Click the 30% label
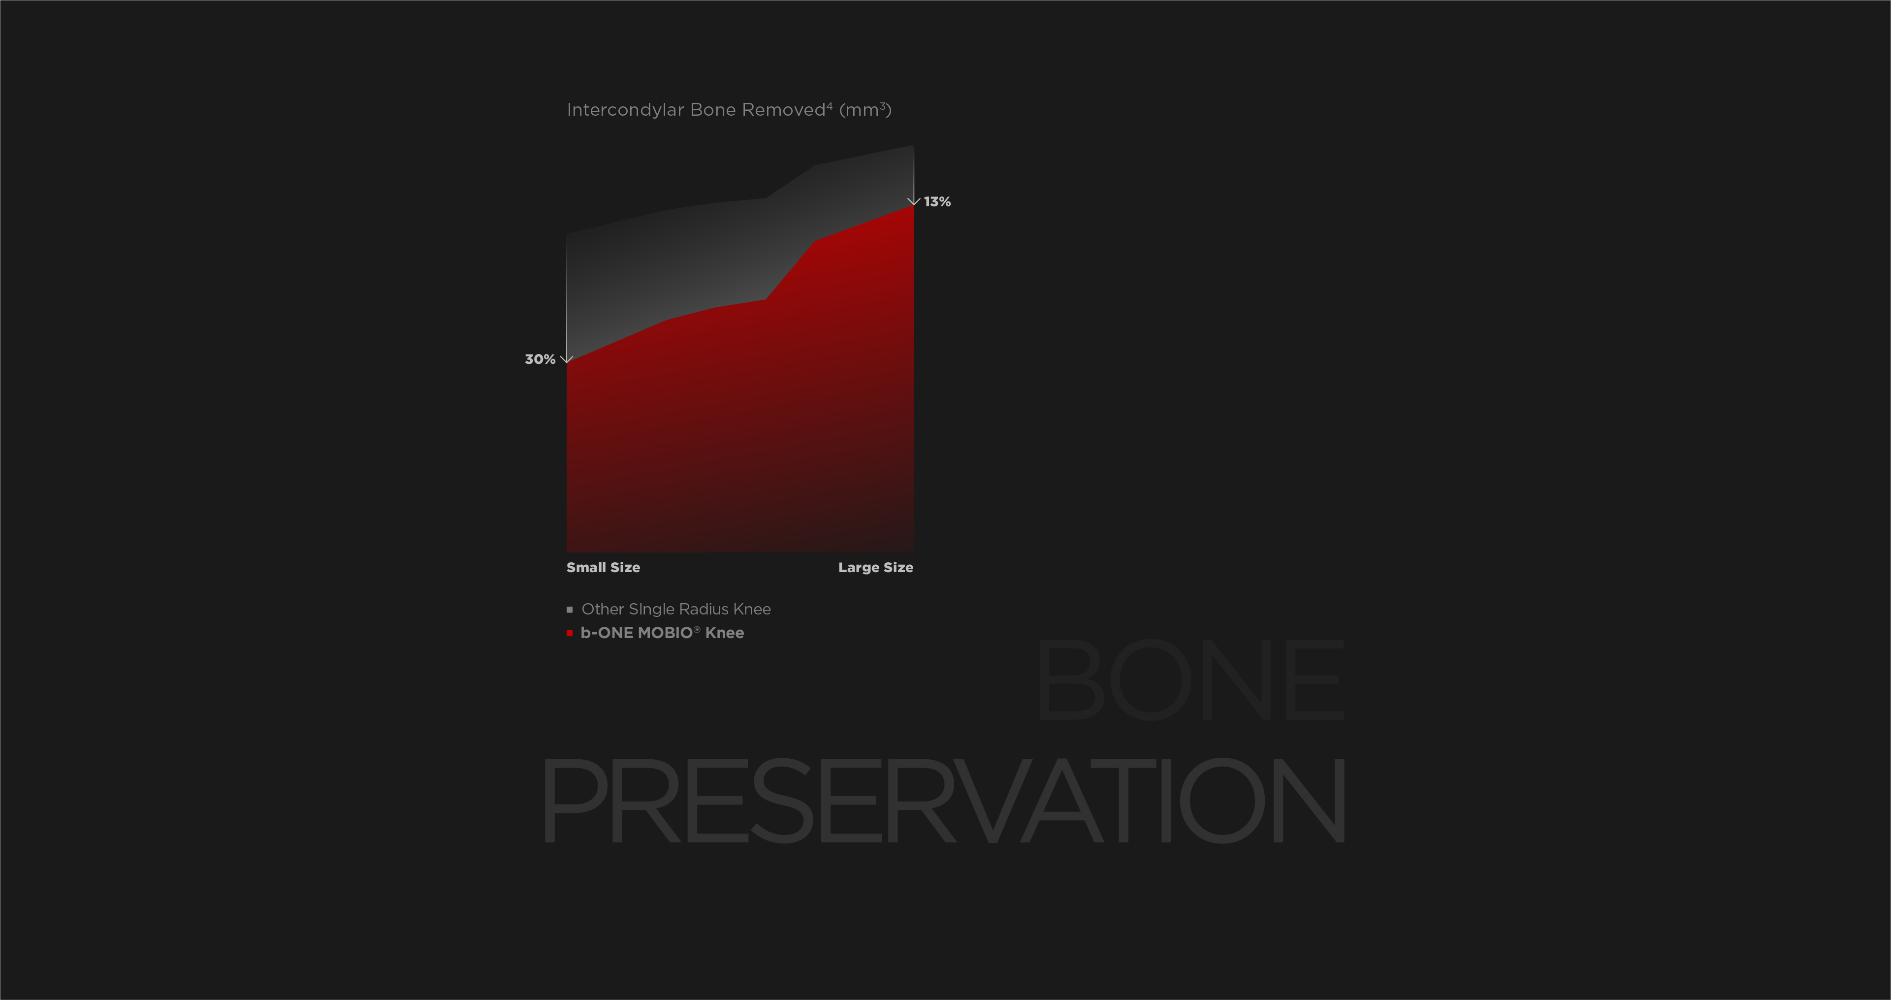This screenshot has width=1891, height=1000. tap(540, 359)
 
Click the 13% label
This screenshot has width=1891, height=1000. tap(937, 201)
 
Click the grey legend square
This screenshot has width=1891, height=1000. tap(569, 610)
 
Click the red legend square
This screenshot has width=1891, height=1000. tap(569, 633)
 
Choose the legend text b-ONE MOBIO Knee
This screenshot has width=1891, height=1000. tap(662, 633)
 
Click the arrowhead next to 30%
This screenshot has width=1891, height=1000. tap(566, 359)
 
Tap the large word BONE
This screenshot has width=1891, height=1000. tap(1190, 679)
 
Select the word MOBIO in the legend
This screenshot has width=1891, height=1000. tap(665, 633)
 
